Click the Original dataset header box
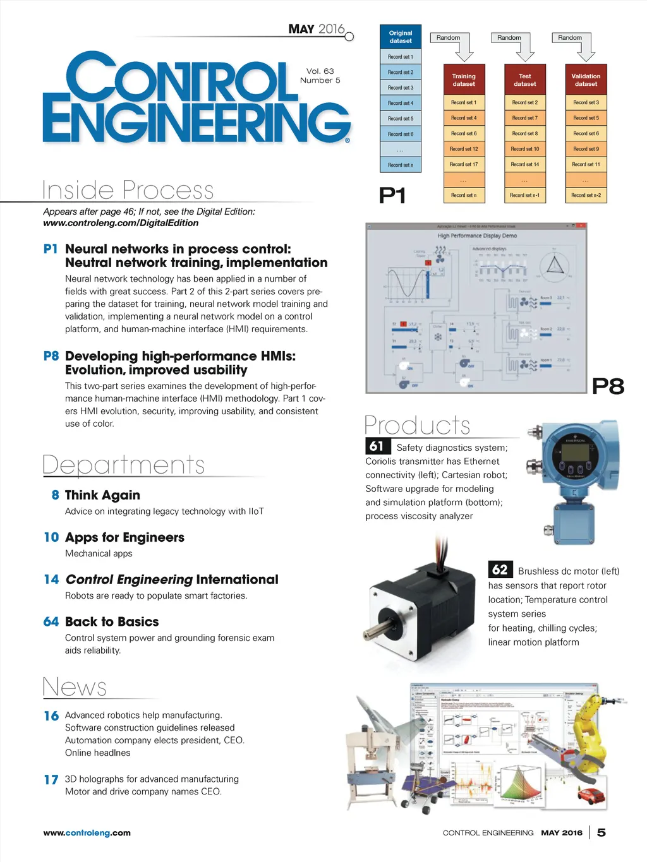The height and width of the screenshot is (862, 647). point(401,37)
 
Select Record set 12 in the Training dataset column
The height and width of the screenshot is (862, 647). point(464,149)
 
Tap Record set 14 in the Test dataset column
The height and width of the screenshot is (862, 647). point(525,164)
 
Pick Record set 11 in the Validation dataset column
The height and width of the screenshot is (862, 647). point(586,164)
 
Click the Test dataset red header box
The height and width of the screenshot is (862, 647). point(525,80)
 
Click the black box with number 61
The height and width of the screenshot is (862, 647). point(377,446)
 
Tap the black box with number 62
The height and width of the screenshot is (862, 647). point(500,570)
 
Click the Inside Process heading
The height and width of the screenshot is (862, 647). point(128,190)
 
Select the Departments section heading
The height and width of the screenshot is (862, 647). point(124,465)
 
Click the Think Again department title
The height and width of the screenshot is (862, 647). point(102,495)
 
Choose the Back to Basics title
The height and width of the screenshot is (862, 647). point(112,621)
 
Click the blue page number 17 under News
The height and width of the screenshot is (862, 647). point(51,780)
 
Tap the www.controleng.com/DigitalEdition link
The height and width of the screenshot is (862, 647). point(121,223)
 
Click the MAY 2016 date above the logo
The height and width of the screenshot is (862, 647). point(317,29)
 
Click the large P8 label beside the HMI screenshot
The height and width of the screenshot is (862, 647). point(608,386)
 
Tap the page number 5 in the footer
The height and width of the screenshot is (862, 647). point(602,832)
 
